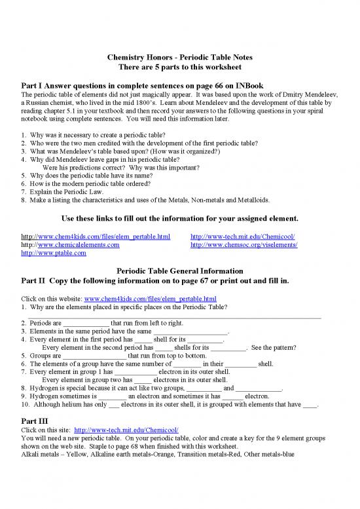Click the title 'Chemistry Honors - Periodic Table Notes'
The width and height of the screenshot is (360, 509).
(x=180, y=58)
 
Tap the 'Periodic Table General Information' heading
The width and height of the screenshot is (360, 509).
(x=179, y=271)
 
